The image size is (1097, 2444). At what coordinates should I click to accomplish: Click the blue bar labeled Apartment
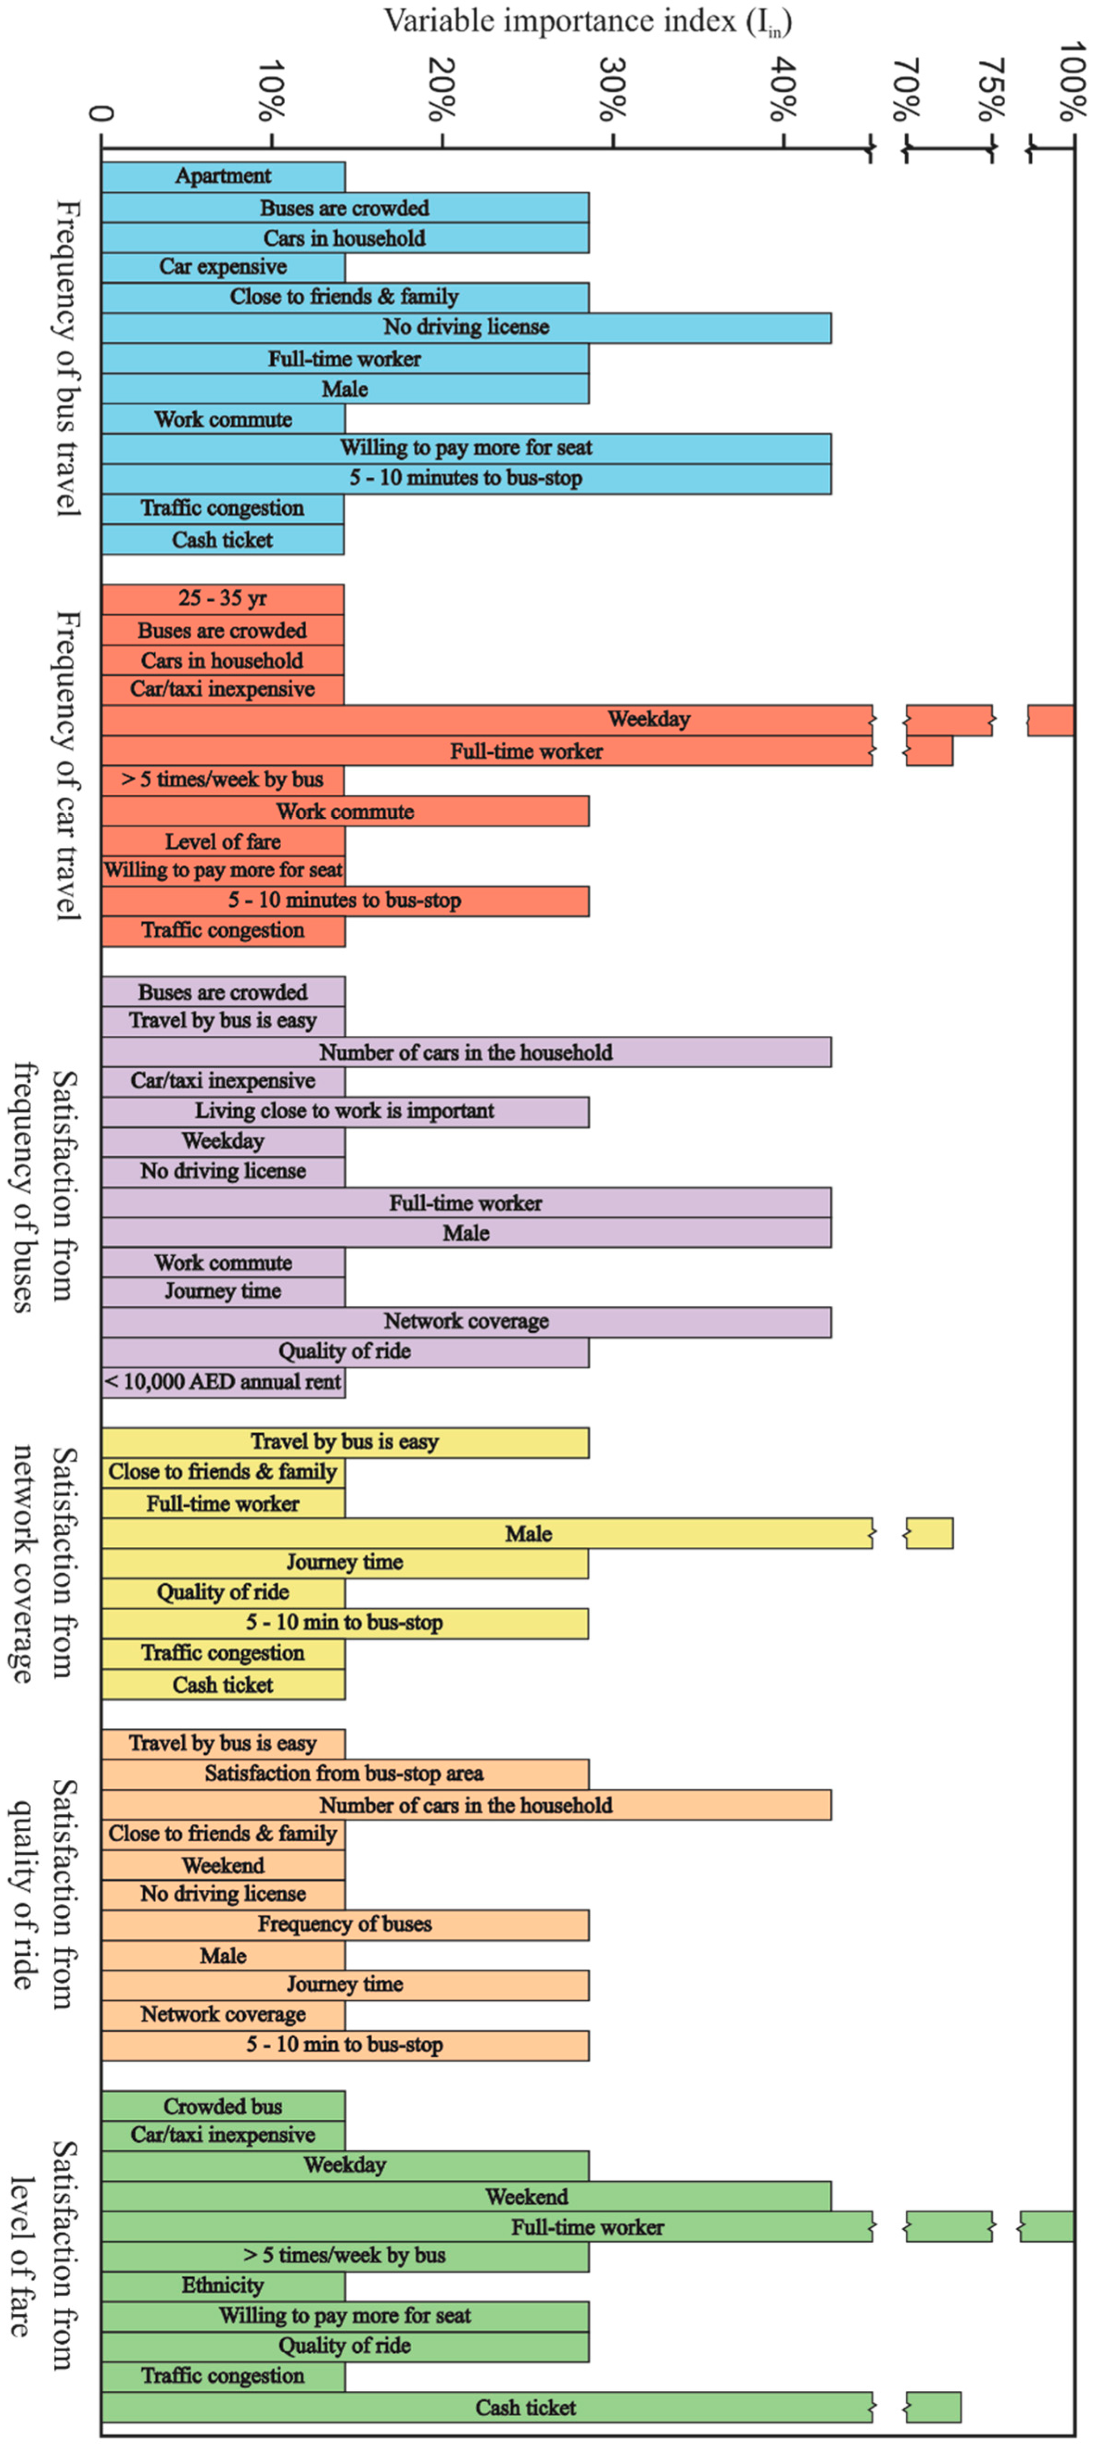[223, 176]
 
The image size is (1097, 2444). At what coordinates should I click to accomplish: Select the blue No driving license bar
[466, 328]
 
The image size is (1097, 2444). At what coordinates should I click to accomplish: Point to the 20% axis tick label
[441, 90]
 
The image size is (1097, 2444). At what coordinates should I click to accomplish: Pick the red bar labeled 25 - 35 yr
[223, 598]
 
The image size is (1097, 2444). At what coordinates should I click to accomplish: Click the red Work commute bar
[346, 811]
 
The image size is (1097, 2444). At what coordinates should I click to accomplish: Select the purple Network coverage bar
[466, 1322]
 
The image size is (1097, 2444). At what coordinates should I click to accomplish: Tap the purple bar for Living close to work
[346, 1111]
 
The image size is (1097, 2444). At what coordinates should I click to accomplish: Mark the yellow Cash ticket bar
[223, 1685]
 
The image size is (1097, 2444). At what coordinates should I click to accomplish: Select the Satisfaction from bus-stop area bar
[346, 1773]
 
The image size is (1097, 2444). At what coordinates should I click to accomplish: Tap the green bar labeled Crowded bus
[223, 2106]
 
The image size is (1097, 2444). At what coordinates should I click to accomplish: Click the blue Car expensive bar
[223, 267]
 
